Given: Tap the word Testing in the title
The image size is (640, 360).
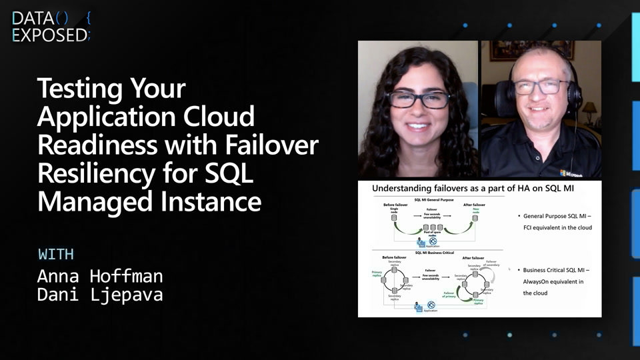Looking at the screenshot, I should coord(79,89).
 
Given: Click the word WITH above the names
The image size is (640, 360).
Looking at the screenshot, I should coord(55,254).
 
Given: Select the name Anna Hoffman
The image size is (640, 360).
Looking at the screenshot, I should coord(99,275).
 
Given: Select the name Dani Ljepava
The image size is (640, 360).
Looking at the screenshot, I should coord(99,295).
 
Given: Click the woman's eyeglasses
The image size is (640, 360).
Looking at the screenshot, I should coord(419,99).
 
